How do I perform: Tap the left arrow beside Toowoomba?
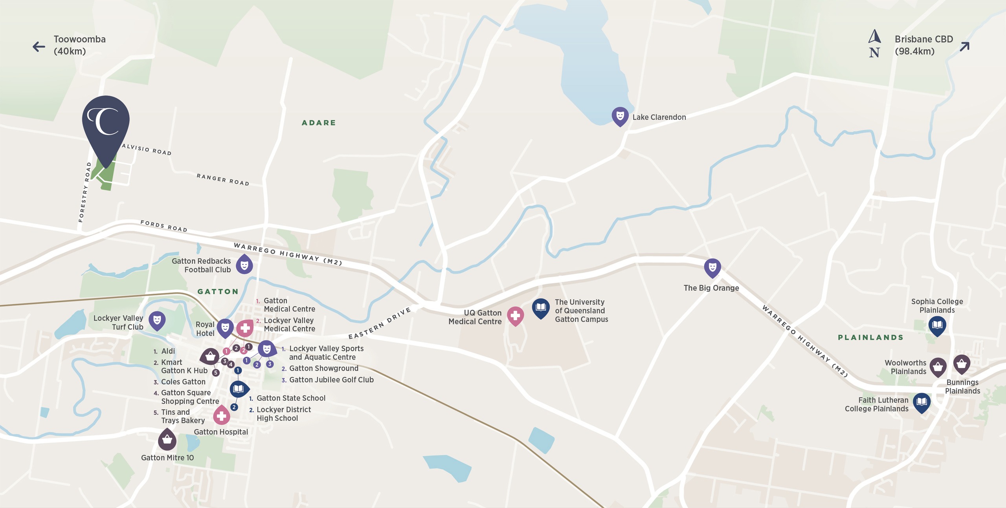[39, 47]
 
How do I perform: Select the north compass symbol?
[874, 43]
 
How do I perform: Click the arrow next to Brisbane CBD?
[964, 47]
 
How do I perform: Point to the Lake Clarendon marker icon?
[620, 116]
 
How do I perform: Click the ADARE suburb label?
[319, 123]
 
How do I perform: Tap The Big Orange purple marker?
[712, 268]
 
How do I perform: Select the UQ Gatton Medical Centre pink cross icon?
[515, 316]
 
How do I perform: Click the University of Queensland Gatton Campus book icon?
[541, 308]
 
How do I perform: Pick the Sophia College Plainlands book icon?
[937, 325]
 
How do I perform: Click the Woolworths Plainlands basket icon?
[938, 367]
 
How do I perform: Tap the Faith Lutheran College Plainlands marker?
[922, 402]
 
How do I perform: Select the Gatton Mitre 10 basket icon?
[167, 439]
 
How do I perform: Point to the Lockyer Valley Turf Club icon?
[157, 320]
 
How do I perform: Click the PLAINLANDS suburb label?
[870, 338]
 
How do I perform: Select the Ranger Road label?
[223, 180]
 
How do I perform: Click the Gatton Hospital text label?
[221, 432]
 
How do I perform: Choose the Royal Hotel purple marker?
[225, 328]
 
